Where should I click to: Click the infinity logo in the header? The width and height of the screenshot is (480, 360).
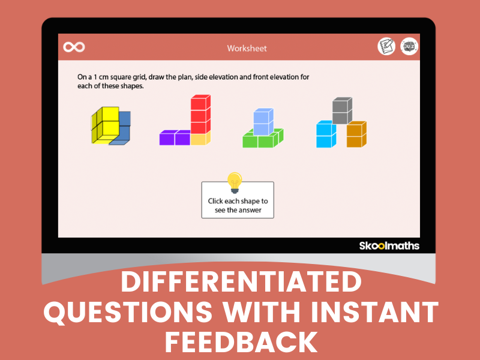click(x=74, y=47)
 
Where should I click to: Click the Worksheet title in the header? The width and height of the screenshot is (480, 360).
click(x=247, y=48)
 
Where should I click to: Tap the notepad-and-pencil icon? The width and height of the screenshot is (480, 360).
click(x=386, y=47)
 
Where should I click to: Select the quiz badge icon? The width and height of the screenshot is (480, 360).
click(x=409, y=47)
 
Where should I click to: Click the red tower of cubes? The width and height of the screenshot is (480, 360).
click(x=199, y=113)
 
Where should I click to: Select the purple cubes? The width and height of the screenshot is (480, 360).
click(x=175, y=138)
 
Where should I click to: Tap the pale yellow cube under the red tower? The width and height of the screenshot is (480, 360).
click(x=199, y=139)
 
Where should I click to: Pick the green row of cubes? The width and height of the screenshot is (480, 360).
click(x=262, y=140)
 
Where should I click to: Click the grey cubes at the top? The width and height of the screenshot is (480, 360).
click(x=342, y=109)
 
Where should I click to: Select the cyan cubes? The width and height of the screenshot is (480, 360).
click(x=326, y=134)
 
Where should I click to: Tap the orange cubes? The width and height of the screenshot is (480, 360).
click(x=356, y=134)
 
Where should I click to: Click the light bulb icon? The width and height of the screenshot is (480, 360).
click(x=235, y=182)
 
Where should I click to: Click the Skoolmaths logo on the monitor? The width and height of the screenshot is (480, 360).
click(x=389, y=246)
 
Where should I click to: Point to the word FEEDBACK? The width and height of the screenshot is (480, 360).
click(x=241, y=343)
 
